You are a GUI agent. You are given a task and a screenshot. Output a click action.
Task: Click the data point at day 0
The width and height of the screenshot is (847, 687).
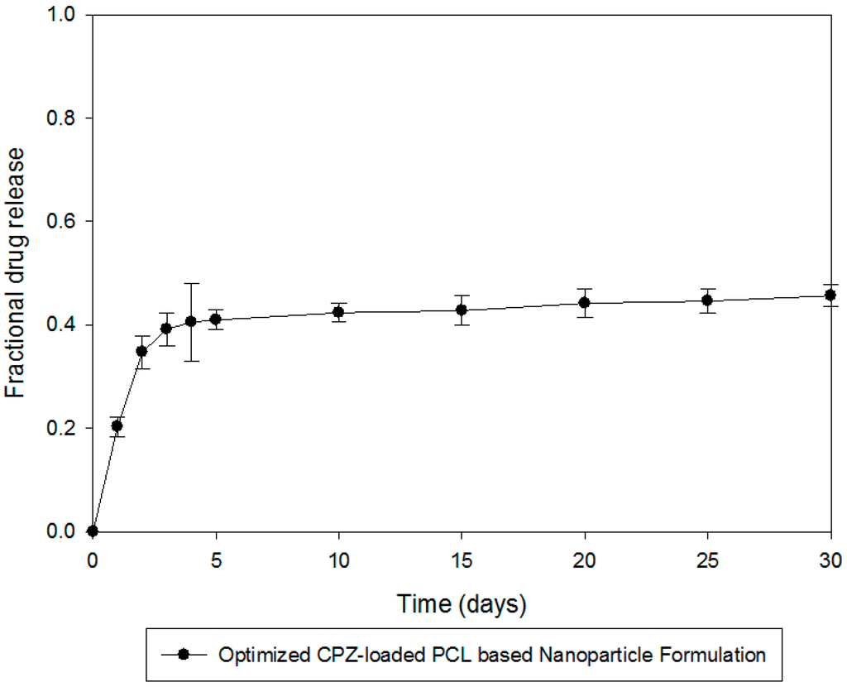tap(93, 531)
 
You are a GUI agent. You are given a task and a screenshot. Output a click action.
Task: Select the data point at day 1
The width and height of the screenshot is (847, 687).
tap(117, 425)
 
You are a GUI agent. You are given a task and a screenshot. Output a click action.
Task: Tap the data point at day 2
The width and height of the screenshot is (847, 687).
tap(141, 351)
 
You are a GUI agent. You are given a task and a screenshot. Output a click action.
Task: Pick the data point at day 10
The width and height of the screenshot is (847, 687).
tap(338, 312)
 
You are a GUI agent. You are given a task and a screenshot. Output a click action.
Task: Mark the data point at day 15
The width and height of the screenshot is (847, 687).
tap(462, 310)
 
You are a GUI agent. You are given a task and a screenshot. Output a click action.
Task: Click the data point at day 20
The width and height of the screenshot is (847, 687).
tap(585, 302)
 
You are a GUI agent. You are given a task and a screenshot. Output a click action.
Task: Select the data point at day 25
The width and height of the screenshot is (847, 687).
tap(707, 300)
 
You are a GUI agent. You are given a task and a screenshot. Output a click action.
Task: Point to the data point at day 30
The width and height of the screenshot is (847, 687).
tap(830, 295)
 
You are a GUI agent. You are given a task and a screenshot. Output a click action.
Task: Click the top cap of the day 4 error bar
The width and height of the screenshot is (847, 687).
tap(191, 283)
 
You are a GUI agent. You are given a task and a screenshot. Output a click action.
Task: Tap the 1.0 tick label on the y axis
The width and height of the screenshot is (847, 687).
tap(62, 16)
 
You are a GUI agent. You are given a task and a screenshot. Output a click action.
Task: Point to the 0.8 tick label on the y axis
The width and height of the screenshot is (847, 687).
tap(62, 118)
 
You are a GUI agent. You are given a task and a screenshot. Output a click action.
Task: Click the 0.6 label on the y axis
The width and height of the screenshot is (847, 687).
tap(62, 222)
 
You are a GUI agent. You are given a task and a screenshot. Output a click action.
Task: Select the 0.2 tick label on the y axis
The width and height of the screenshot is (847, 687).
tap(62, 428)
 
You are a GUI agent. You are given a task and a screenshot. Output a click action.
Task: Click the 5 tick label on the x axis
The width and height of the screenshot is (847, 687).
tap(215, 560)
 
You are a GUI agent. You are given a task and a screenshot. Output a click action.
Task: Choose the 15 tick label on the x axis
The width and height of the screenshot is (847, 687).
tap(462, 560)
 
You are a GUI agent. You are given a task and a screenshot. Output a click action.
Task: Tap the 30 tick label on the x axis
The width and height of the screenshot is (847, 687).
tap(830, 560)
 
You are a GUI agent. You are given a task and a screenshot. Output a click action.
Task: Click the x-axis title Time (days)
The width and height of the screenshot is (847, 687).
tap(460, 604)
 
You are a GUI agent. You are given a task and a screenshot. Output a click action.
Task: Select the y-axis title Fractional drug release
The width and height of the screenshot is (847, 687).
tap(18, 273)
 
